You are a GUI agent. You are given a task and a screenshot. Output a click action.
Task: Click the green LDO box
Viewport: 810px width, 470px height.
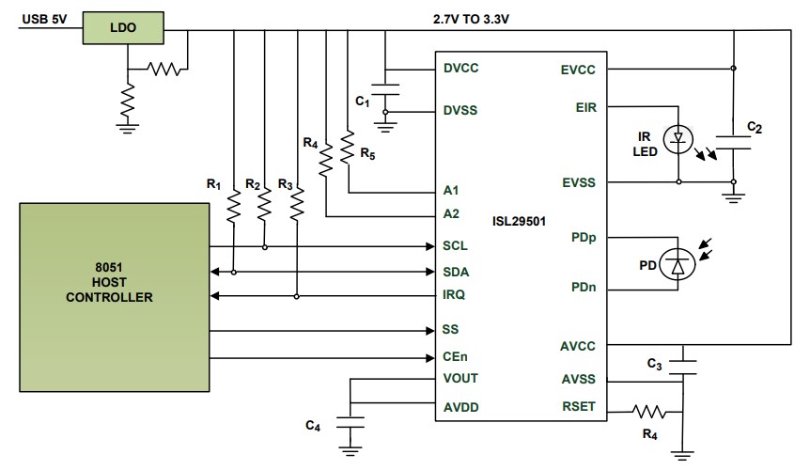(x=122, y=28)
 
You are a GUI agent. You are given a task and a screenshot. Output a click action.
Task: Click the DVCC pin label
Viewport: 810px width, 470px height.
(x=460, y=69)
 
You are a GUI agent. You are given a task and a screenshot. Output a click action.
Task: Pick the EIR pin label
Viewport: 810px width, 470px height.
(x=584, y=108)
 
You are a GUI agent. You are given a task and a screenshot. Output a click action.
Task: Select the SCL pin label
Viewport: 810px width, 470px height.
(x=456, y=247)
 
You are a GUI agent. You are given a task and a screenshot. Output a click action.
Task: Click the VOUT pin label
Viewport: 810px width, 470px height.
(x=460, y=378)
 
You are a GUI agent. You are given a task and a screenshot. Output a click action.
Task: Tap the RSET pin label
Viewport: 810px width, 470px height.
(x=578, y=408)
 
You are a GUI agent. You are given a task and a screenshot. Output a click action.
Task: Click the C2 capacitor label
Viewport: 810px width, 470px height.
(x=754, y=125)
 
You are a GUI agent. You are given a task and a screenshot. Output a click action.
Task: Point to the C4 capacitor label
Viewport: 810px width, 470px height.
(x=314, y=426)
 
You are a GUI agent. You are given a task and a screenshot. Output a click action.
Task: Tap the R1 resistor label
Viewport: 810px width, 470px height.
(x=213, y=183)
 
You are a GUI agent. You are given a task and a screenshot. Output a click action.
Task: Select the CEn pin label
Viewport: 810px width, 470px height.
(x=456, y=356)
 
